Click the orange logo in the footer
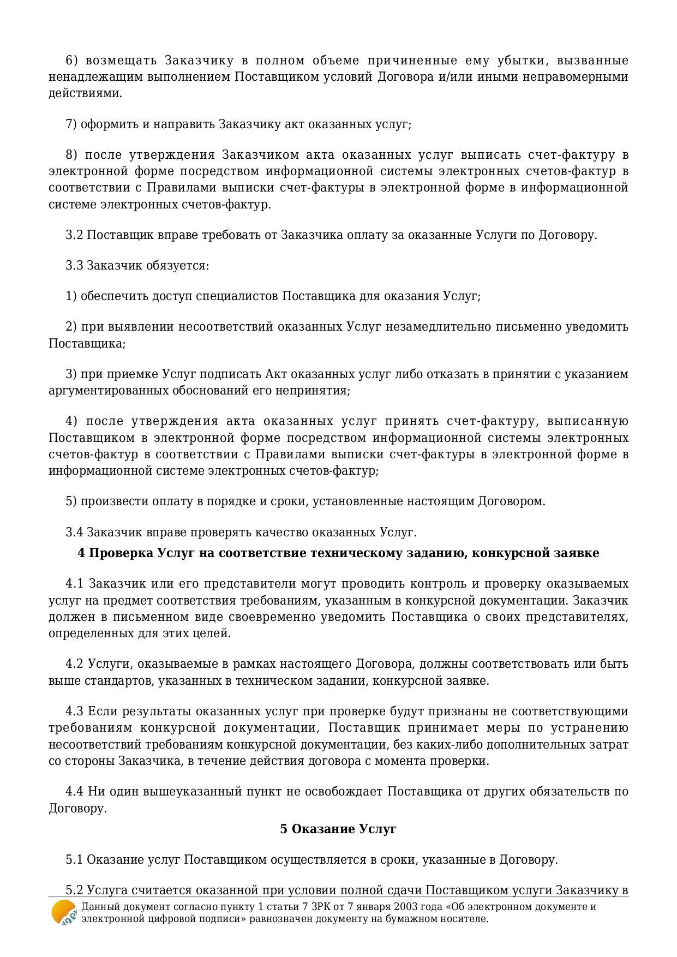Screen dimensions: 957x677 (63, 912)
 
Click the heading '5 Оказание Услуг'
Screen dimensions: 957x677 (338, 829)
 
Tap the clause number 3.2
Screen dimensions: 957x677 (74, 235)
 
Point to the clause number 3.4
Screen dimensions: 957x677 (74, 532)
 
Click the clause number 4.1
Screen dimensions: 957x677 (75, 584)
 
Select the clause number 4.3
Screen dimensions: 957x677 (75, 711)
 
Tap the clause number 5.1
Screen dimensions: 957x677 (74, 860)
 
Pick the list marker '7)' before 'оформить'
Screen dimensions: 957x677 (71, 124)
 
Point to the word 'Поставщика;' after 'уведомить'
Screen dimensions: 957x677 (87, 343)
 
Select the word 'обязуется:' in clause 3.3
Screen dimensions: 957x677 (182, 266)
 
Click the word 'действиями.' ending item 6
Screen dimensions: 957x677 (85, 93)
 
